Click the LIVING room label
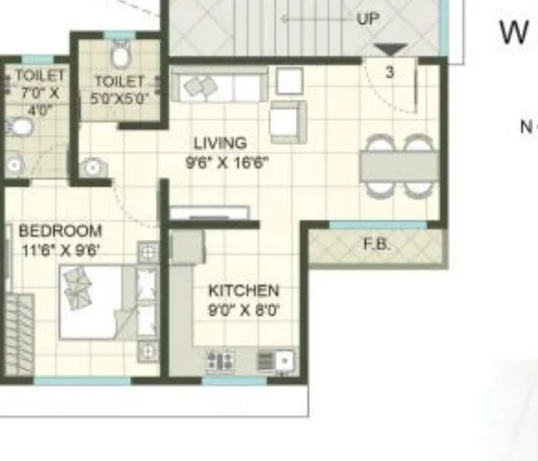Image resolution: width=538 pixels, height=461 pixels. pos(220,143)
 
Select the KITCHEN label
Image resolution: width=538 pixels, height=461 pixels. pos(243,290)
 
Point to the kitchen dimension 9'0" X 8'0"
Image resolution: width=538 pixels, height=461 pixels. pos(244,310)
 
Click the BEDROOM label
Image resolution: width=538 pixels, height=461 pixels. pos(60,231)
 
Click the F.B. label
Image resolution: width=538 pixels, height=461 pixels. pos(377,245)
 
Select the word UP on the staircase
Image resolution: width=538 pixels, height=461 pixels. pos(367,19)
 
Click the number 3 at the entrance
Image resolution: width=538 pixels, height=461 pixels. pos(390,72)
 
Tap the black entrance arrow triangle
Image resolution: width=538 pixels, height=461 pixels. pos(390,51)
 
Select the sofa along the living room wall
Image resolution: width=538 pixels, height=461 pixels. pos(220,86)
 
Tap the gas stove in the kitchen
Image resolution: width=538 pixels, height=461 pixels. pos(220,361)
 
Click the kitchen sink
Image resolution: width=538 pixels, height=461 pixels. pos(275,361)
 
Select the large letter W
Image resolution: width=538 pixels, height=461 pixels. pos(514,33)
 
